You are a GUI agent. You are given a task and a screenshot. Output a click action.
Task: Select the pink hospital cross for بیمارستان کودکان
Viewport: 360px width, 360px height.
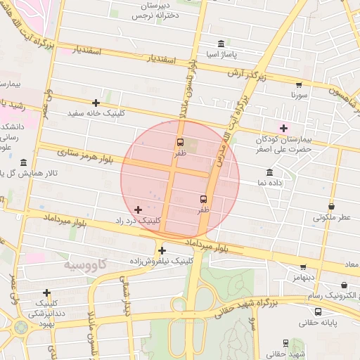283,128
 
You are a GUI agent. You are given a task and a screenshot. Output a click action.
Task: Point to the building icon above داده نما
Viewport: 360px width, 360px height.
270,172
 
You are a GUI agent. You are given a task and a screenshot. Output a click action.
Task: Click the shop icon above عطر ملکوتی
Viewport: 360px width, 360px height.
331,206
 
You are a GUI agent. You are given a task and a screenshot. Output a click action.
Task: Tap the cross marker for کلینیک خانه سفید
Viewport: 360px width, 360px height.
96,103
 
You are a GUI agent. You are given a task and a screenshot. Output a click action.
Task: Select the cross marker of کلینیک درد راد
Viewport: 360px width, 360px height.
138,210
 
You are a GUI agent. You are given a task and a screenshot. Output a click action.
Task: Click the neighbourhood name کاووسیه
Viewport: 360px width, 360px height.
85,265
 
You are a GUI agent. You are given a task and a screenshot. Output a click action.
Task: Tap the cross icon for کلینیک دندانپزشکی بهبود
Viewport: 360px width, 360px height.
47,292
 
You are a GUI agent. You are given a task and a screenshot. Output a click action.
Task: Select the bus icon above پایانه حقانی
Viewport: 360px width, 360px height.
319,311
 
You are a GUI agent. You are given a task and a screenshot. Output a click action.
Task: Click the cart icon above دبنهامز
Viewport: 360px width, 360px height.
303,266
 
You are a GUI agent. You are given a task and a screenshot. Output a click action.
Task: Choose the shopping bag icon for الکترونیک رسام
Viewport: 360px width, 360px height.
344,285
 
